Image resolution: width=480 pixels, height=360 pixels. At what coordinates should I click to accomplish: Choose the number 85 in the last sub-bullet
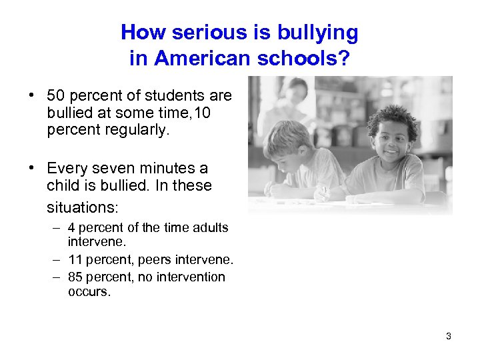tap(75, 277)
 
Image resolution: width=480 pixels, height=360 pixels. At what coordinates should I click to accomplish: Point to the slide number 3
tap(449, 336)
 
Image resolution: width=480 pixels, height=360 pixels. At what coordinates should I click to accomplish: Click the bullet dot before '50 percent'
tap(32, 95)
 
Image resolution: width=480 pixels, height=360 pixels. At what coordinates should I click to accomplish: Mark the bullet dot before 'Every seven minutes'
tap(32, 168)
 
